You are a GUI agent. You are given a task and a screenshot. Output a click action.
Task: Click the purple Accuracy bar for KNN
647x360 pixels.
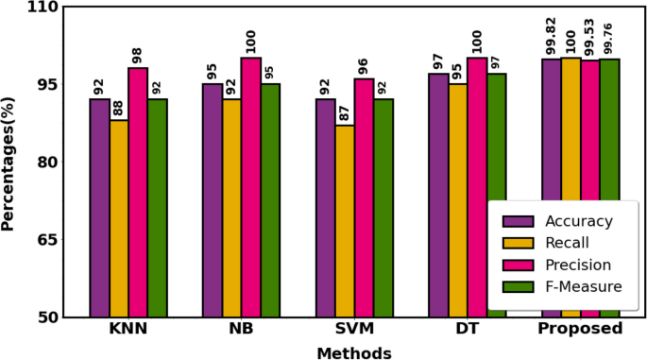[99, 208]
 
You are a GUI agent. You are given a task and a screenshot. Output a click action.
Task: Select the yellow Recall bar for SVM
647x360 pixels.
[345, 221]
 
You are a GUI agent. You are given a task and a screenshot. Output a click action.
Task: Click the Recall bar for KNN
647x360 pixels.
[119, 218]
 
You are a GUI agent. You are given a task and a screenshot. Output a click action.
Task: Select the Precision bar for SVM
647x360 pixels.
[364, 197]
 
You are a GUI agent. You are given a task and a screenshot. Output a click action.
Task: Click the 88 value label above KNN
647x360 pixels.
[119, 106]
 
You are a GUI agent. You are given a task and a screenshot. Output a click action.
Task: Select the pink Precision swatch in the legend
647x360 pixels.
[519, 265]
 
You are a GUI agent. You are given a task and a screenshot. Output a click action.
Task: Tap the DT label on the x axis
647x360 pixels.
[468, 330]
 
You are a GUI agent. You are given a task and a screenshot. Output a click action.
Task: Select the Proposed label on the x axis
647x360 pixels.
[580, 330]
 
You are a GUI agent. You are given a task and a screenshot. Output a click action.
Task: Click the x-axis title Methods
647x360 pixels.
[353, 351]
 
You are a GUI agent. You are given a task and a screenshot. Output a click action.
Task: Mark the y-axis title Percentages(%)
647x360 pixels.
[9, 162]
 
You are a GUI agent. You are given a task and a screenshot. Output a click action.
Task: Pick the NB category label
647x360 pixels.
[241, 330]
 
